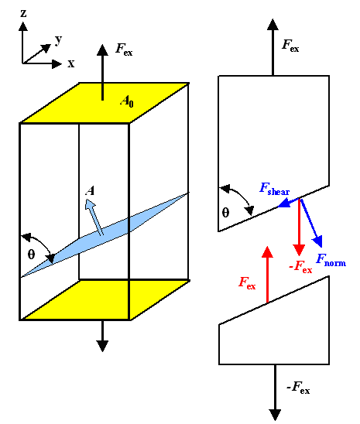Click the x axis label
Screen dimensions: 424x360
click(x=71, y=63)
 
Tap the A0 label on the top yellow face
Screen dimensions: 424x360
click(x=127, y=100)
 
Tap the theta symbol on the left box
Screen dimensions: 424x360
click(x=31, y=254)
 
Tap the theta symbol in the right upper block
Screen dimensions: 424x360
click(x=226, y=214)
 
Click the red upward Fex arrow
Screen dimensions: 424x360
click(x=266, y=275)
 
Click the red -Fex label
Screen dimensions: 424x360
click(x=300, y=268)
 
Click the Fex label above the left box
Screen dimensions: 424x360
click(x=124, y=49)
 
